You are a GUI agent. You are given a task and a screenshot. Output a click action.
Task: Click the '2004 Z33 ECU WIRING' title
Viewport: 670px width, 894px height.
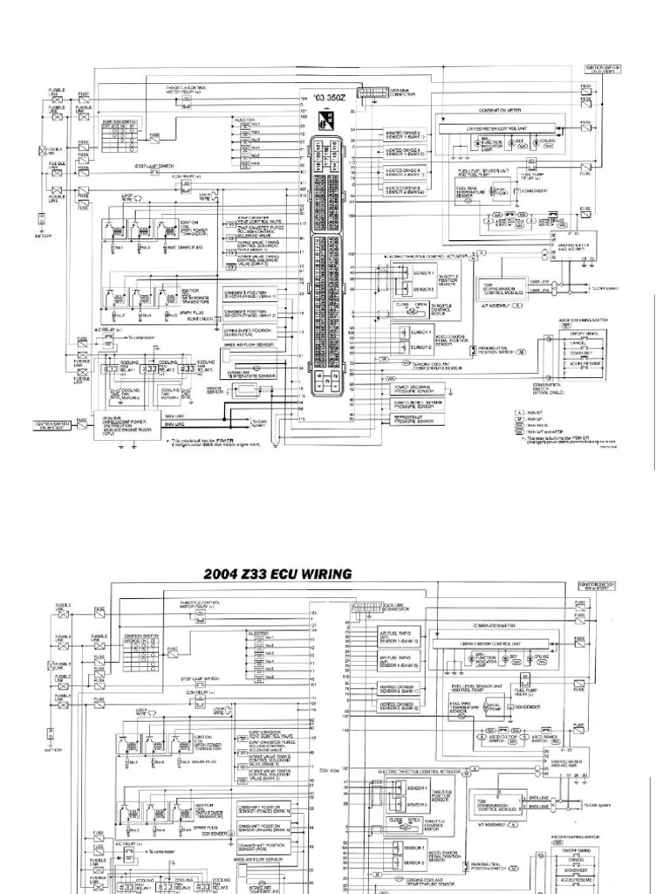click(x=277, y=574)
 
